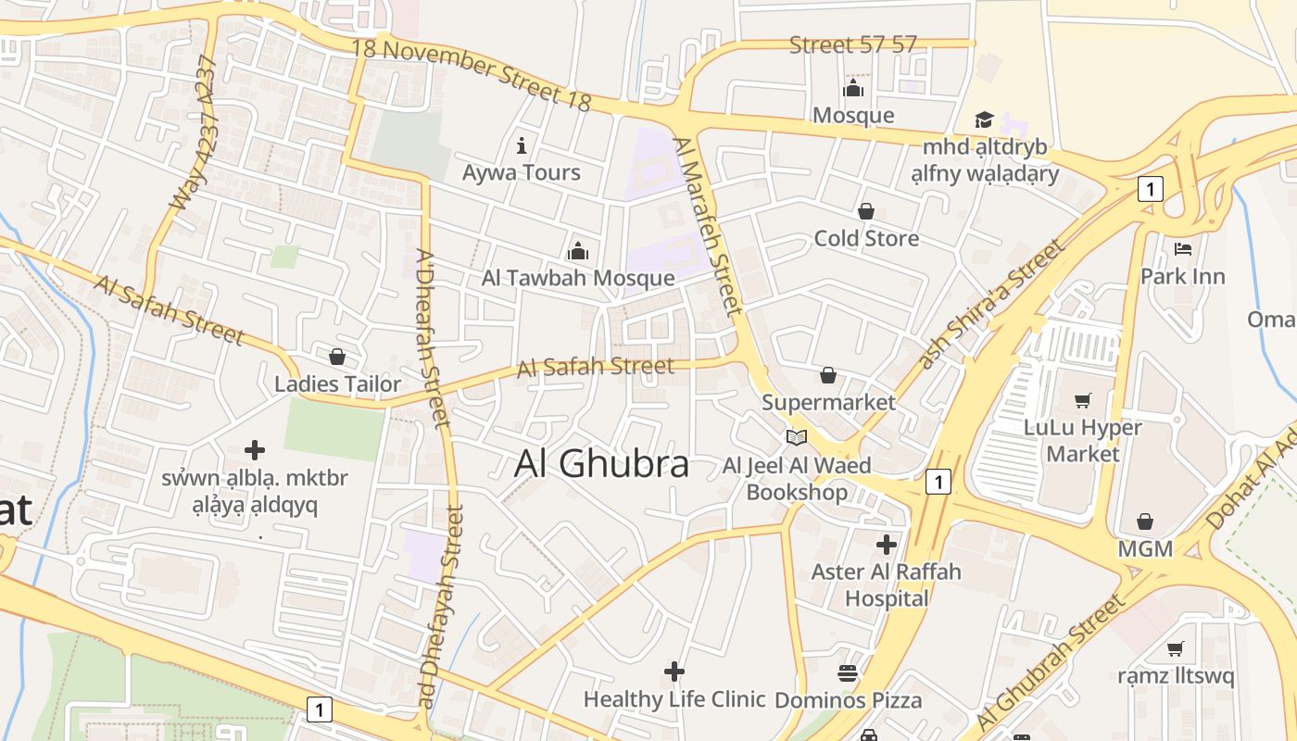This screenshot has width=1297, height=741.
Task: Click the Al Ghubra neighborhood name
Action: point(601,464)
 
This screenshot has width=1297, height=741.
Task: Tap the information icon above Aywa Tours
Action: point(522,145)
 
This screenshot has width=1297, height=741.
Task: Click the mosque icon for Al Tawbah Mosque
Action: point(578,251)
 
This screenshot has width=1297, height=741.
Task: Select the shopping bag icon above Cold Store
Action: point(866,211)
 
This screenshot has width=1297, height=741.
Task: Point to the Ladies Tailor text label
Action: point(337,383)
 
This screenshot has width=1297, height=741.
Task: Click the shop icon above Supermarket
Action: point(828,375)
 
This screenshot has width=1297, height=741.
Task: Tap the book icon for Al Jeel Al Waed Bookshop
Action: point(797,437)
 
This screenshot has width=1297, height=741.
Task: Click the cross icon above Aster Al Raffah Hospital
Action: point(887,544)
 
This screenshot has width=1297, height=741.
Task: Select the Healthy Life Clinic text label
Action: point(674,698)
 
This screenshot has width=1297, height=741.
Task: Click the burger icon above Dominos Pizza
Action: point(849,672)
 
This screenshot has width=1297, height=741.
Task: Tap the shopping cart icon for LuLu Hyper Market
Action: point(1082,400)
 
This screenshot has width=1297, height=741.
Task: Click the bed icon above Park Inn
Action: point(1182,248)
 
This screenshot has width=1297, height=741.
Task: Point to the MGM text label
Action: point(1145,548)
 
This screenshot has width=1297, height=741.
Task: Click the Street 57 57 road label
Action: point(852,44)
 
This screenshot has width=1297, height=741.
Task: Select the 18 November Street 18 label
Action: point(472,73)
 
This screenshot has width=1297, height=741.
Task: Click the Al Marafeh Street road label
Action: point(708,226)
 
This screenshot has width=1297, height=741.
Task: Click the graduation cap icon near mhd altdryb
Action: point(984,120)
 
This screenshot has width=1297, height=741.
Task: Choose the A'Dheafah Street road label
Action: point(432,338)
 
